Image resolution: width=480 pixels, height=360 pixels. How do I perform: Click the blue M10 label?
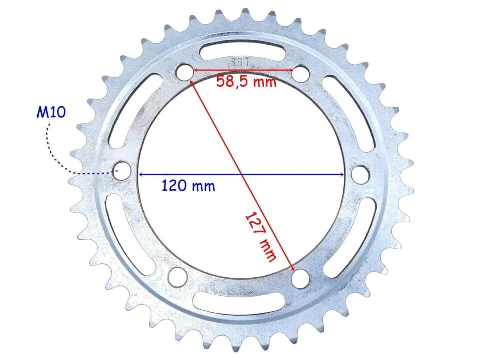click(x=51, y=112)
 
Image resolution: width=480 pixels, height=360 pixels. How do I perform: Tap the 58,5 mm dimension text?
click(x=246, y=81)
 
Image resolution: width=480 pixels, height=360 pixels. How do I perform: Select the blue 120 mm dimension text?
click(x=188, y=186)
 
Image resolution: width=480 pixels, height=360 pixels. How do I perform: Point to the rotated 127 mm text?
click(x=261, y=236)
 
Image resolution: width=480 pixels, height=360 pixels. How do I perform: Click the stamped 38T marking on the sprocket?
click(x=240, y=63)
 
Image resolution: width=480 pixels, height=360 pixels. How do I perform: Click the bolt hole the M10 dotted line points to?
click(x=122, y=171)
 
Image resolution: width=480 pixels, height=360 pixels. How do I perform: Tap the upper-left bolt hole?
click(x=185, y=72)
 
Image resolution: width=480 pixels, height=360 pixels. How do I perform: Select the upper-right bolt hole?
click(x=301, y=73)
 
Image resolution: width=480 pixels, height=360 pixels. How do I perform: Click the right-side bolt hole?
click(x=360, y=175)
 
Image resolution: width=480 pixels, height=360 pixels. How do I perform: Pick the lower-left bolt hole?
click(x=178, y=277)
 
